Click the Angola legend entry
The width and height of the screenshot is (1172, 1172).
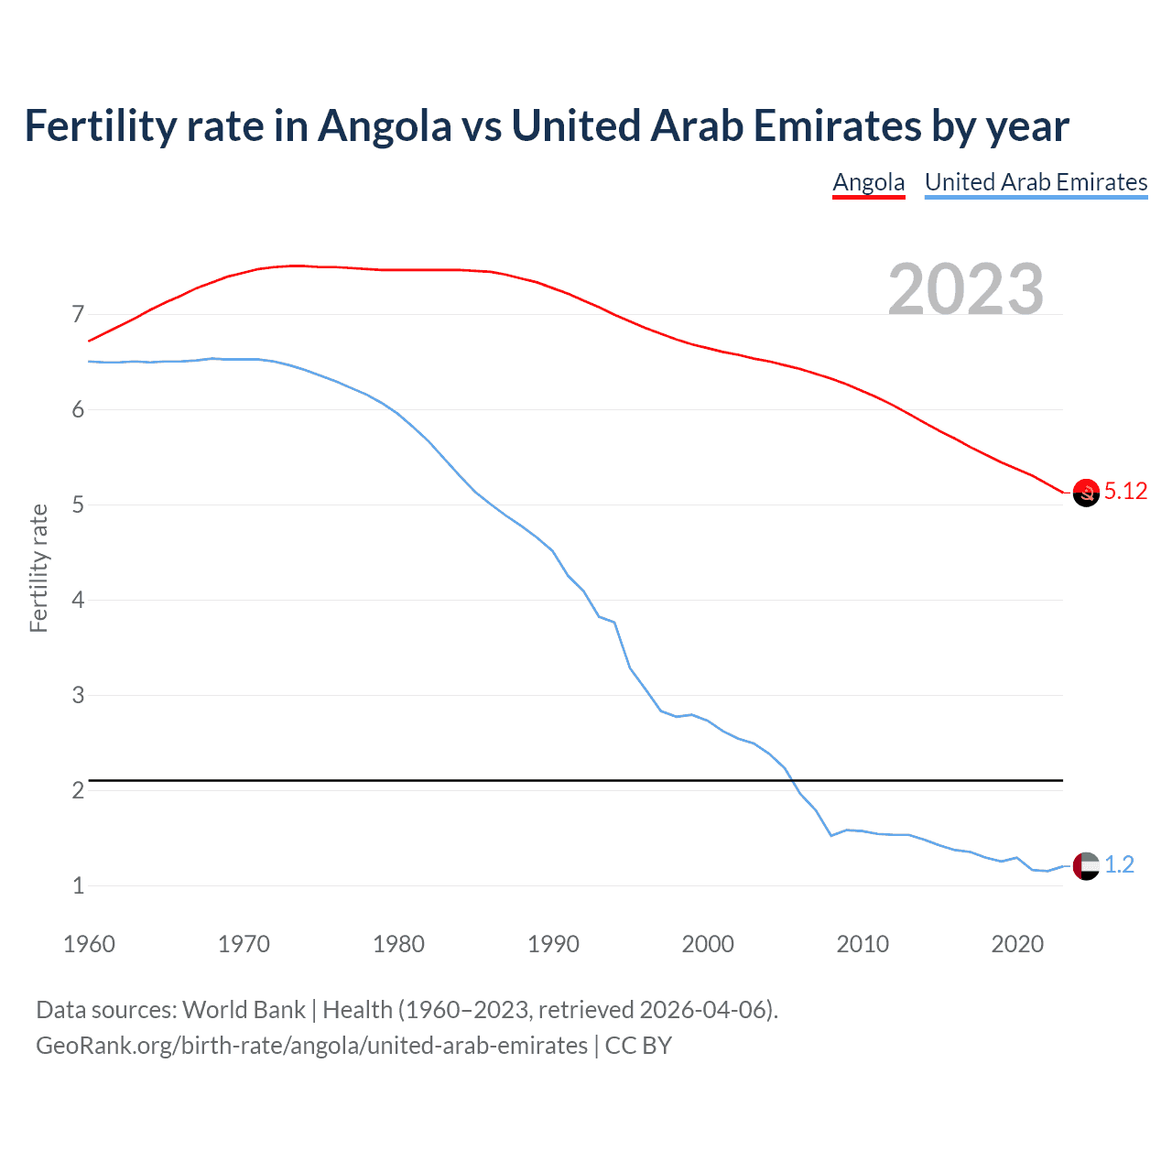point(868,182)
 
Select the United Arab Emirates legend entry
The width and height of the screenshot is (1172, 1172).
point(1036,182)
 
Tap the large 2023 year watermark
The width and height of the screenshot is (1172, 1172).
point(966,289)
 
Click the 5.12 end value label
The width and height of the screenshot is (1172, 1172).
point(1125,492)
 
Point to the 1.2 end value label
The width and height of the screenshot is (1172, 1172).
point(1119,865)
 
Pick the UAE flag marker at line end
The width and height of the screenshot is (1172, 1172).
point(1086,865)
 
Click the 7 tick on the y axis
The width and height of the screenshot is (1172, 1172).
point(78,315)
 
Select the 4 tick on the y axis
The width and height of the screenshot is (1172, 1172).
point(78,601)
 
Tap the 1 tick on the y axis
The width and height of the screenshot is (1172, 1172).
point(78,886)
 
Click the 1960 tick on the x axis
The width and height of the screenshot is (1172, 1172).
point(89,944)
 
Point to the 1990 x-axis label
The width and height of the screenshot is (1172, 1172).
point(553,944)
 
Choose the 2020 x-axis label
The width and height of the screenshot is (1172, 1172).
point(1017,944)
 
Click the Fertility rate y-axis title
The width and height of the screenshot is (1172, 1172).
point(38,568)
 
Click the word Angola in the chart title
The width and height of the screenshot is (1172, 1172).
point(385,126)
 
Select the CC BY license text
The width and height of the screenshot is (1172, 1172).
point(638,1046)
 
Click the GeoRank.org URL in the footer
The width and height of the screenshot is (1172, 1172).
point(311,1046)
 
